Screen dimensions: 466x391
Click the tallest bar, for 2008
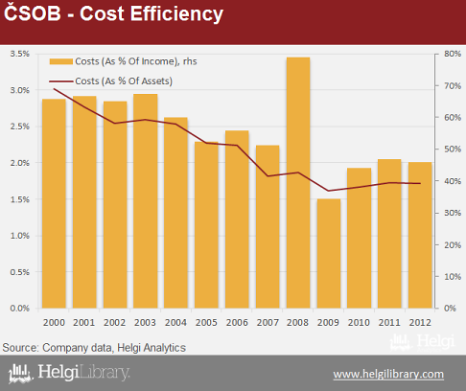[298, 183]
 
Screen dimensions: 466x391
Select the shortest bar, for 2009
[329, 254]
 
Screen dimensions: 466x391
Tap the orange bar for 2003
[146, 201]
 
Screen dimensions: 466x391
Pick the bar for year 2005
[206, 225]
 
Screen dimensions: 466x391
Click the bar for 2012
[420, 235]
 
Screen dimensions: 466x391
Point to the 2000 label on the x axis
[54, 323]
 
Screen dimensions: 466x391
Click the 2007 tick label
[268, 323]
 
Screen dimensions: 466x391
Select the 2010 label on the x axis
[359, 323]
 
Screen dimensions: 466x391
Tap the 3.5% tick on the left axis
[20, 54]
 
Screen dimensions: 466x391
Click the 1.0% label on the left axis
[20, 236]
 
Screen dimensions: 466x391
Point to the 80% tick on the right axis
[453, 54]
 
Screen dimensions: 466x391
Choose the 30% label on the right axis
[453, 213]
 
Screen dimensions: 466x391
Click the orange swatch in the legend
[61, 61]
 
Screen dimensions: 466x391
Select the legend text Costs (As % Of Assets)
[124, 81]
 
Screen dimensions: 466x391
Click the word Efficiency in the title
[176, 14]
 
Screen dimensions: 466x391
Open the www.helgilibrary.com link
[388, 374]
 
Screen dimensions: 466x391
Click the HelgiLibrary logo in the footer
[69, 373]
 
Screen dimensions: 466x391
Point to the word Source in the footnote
[20, 348]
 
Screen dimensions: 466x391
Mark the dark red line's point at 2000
[54, 89]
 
